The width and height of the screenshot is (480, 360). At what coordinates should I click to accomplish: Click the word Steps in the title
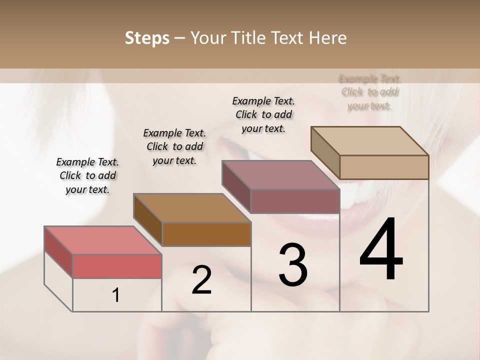click(x=147, y=38)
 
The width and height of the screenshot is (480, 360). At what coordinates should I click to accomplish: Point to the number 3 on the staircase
click(x=293, y=265)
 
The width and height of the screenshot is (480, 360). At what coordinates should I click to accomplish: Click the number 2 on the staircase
click(x=201, y=280)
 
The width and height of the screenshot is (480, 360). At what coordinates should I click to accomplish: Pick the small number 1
click(x=116, y=295)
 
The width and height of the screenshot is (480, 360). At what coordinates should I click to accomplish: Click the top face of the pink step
click(x=102, y=240)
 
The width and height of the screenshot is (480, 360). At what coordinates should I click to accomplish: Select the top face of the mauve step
click(x=280, y=175)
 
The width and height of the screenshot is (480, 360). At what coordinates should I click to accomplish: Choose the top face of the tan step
click(x=369, y=141)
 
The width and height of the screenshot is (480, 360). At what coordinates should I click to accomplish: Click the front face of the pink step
click(x=117, y=266)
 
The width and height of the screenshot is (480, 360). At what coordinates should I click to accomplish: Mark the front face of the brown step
click(x=206, y=234)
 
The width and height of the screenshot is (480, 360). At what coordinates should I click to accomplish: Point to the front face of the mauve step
click(x=295, y=201)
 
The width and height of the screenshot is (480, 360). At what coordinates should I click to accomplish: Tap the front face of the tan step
click(x=384, y=167)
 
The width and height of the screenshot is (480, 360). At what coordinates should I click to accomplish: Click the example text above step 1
click(x=87, y=175)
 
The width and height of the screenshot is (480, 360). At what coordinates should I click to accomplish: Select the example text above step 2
click(x=174, y=146)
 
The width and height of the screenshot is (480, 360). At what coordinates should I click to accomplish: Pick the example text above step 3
click(x=263, y=114)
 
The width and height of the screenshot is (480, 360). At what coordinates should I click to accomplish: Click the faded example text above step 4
click(x=369, y=92)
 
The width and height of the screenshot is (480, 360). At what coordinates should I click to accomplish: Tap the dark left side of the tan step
click(x=325, y=152)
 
